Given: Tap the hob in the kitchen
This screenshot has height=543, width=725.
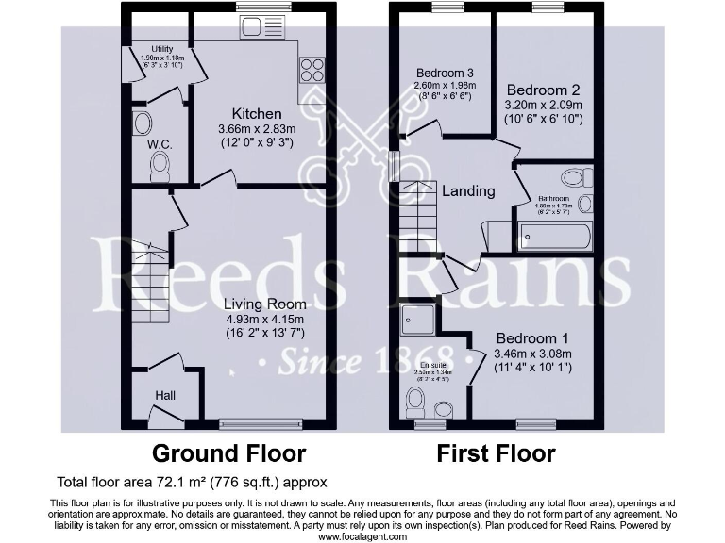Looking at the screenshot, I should (x=311, y=71).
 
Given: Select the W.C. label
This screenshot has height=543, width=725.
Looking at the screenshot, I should (x=158, y=145).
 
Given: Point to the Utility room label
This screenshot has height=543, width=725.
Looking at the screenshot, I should (x=163, y=50).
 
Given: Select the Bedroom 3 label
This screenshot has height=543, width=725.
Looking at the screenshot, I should (x=444, y=73).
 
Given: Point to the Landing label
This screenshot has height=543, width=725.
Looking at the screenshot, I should (x=469, y=191).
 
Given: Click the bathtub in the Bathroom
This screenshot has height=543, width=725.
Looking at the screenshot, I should (x=554, y=236).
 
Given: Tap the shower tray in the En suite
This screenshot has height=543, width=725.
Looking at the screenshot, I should (x=417, y=318).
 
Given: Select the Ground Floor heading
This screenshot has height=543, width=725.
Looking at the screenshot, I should (x=228, y=453).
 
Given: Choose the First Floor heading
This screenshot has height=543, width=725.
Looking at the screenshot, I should (x=496, y=453).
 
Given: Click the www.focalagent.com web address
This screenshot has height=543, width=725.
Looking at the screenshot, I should (x=362, y=536).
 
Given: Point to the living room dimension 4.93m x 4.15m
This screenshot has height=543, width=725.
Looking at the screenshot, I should (x=264, y=319).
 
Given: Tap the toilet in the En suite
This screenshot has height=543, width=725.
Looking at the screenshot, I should (x=414, y=403).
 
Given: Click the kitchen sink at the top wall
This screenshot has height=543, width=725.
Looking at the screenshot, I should (x=250, y=9).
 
